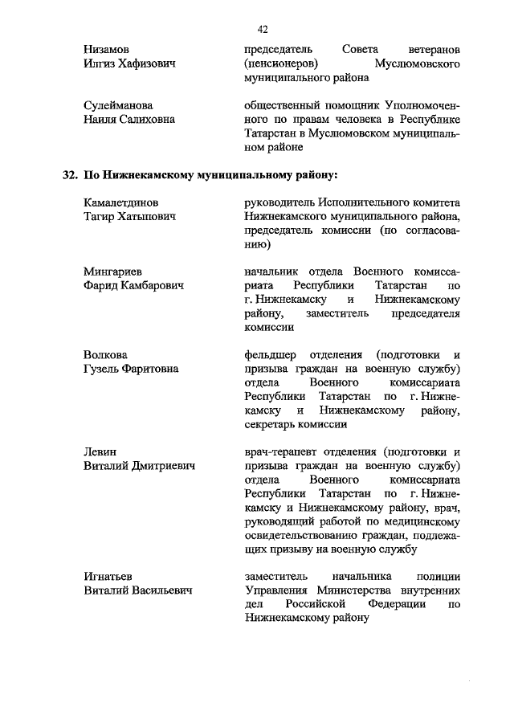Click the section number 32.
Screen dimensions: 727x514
71,175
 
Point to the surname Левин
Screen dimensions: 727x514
101,451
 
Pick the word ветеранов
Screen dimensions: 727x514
433,49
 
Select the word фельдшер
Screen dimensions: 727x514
271,355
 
